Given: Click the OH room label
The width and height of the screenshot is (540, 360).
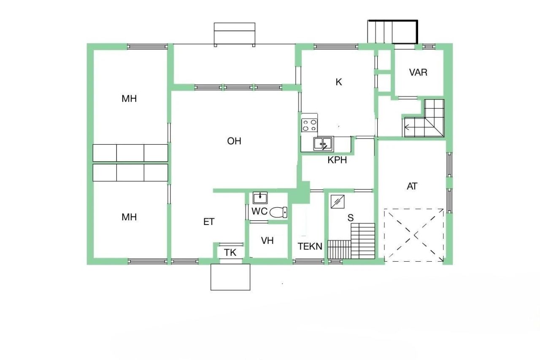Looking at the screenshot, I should click(x=234, y=141).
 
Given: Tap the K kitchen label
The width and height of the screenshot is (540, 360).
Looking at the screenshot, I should click(x=339, y=82).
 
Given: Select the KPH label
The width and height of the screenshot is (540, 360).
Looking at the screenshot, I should click(x=337, y=160).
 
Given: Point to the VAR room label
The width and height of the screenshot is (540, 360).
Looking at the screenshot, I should click(x=418, y=72).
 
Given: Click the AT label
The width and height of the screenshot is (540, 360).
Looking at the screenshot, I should click(x=412, y=186).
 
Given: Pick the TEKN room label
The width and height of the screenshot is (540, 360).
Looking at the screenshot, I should click(x=310, y=246).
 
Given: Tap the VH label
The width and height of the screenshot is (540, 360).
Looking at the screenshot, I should click(x=267, y=241).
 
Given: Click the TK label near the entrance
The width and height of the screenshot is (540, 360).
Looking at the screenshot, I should click(x=230, y=253).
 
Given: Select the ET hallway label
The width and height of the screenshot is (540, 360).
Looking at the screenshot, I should click(x=209, y=222).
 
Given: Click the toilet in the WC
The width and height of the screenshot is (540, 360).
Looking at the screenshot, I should click(x=278, y=212).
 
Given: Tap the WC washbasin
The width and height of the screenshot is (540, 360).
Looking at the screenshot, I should click(x=260, y=197).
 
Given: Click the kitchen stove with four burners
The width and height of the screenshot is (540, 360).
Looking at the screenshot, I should click(x=309, y=125).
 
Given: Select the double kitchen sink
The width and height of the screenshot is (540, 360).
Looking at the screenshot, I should click(x=323, y=144).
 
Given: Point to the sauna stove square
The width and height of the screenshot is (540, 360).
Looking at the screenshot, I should click(x=338, y=201).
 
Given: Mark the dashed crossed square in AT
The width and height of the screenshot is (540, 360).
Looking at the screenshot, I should click(x=414, y=235).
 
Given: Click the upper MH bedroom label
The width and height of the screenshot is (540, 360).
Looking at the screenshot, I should click(x=129, y=99).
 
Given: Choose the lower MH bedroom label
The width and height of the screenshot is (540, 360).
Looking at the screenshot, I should click(x=129, y=217).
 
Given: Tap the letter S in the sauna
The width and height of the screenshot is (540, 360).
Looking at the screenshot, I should click(x=350, y=218).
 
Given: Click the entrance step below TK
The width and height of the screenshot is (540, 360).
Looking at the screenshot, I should click(x=230, y=277).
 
